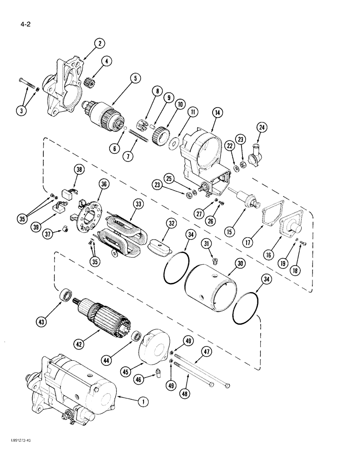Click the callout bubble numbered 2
click(99, 44)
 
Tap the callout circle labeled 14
click(216, 112)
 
